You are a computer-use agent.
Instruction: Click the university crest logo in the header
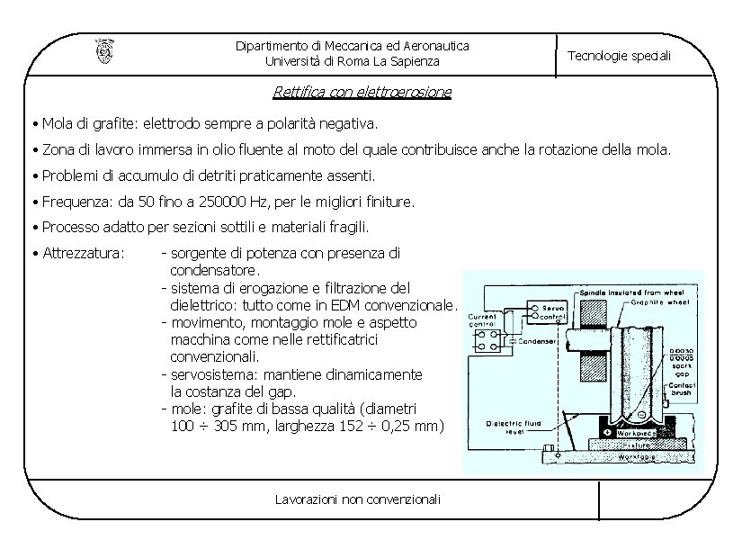click(104, 51)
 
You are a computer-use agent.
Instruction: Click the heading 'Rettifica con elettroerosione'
click(362, 91)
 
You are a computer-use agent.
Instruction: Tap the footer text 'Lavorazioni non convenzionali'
click(358, 499)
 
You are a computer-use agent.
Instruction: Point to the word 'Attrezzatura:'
click(83, 253)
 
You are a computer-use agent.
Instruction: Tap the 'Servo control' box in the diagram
click(551, 311)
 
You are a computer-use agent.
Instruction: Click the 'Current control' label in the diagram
click(483, 320)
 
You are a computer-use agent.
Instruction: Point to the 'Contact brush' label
click(681, 390)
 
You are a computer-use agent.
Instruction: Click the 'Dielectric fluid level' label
click(516, 427)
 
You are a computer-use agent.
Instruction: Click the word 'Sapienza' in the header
click(416, 61)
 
